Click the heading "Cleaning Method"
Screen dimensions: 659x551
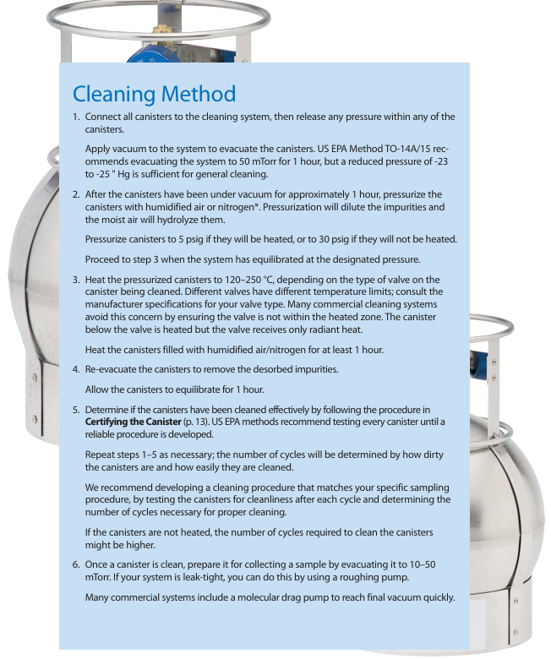(154, 92)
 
